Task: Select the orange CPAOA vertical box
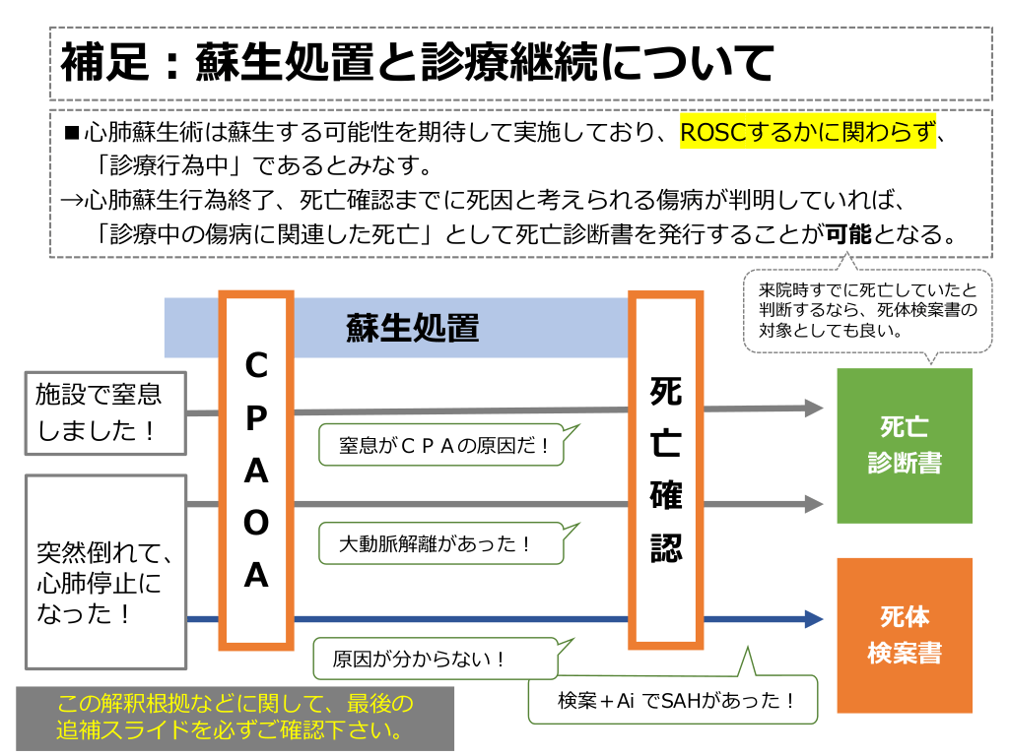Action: point(256,471)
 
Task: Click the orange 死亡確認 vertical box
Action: point(666,471)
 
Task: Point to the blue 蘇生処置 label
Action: point(412,328)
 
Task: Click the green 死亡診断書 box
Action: point(904,445)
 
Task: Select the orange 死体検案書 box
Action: point(904,635)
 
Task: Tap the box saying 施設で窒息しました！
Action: point(104,411)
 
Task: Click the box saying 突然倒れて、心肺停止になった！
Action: point(104,571)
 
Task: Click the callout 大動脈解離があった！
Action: point(439,542)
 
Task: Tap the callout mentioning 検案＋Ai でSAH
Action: point(674,700)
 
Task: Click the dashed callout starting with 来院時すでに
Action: point(866,310)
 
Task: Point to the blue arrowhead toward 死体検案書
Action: point(813,619)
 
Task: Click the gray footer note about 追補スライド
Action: point(235,718)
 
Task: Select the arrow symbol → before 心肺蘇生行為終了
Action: point(69,200)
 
